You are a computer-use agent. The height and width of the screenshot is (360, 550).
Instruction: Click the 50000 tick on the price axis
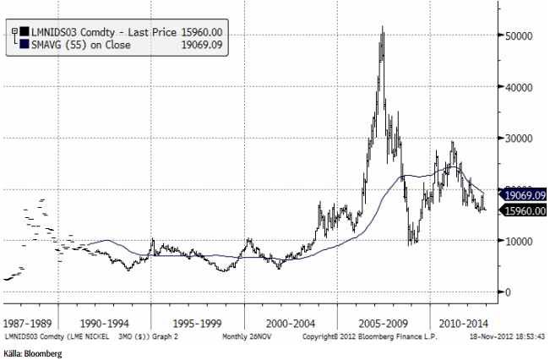pos(518,36)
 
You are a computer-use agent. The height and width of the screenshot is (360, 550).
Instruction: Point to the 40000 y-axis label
pos(518,87)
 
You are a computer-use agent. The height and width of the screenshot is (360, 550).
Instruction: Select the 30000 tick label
pos(518,139)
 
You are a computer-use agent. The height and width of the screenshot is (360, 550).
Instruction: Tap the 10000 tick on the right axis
pos(518,241)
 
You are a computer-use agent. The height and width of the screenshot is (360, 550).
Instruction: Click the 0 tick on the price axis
pos(508,292)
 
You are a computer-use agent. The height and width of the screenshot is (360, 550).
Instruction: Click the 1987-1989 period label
pos(29,323)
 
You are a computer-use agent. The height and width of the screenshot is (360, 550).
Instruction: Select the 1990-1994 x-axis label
pos(106,323)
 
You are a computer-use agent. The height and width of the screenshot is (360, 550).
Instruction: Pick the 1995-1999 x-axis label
pos(198,323)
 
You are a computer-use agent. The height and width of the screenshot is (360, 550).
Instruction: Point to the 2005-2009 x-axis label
pos(383,323)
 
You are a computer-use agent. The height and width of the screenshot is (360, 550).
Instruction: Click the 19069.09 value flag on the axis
pos(524,195)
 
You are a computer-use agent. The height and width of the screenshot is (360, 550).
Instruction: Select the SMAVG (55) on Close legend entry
pos(76,43)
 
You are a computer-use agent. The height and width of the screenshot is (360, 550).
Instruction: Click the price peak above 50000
pos(383,28)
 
